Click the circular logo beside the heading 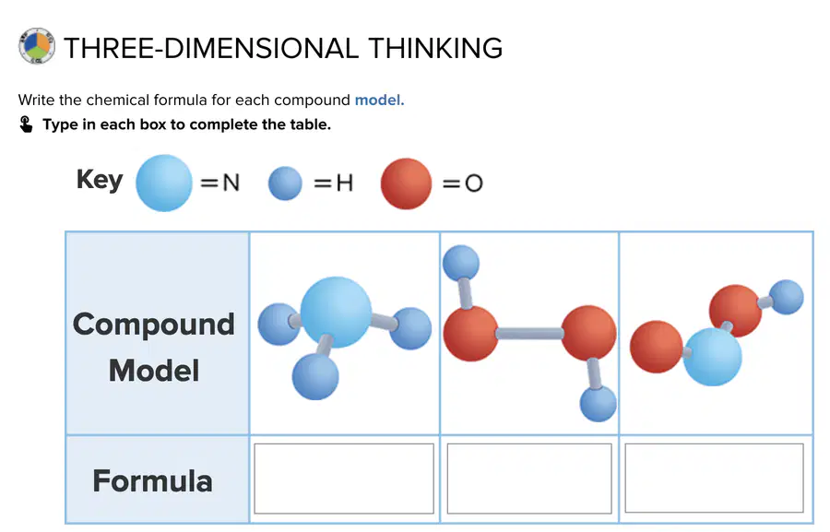(37, 46)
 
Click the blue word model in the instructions (379, 100)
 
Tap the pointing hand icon (26, 124)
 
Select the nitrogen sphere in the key (164, 183)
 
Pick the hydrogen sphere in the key (285, 183)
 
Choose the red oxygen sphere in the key (406, 183)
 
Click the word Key (100, 180)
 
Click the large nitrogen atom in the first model (336, 312)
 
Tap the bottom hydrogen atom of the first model (315, 376)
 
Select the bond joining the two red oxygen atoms (529, 333)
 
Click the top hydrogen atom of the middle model (461, 263)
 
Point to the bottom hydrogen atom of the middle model (599, 404)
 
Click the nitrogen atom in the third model (713, 357)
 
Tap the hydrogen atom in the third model (786, 297)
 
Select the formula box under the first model (344, 479)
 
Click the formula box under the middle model (529, 479)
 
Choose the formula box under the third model (714, 478)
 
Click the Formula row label (152, 480)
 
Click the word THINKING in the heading (435, 48)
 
